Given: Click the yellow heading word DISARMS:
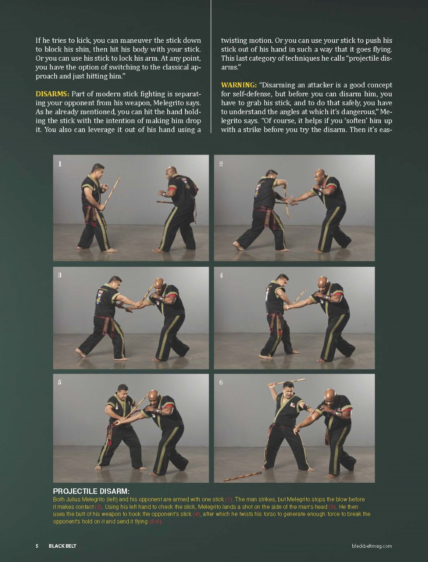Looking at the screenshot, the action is [x=52, y=94].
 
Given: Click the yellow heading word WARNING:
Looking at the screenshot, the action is [x=239, y=85].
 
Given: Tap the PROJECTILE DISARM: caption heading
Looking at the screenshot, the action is [x=91, y=491].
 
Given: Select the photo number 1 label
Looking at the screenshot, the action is [x=60, y=164].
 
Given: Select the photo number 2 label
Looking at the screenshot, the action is [x=221, y=164].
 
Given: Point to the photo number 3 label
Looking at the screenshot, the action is [x=60, y=275].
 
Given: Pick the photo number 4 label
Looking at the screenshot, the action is [x=221, y=275].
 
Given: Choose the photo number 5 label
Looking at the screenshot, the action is [x=60, y=382].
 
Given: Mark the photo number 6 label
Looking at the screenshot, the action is [x=221, y=382].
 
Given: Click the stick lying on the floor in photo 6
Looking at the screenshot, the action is [x=243, y=476].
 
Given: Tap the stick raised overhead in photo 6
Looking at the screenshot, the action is [x=286, y=382].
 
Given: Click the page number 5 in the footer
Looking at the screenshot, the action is [x=37, y=546].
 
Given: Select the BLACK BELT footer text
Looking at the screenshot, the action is [x=63, y=546].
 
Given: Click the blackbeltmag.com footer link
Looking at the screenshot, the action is [x=372, y=546].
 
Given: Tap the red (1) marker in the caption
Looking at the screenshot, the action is [x=229, y=499].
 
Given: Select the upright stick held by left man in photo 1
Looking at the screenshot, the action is [x=111, y=194].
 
